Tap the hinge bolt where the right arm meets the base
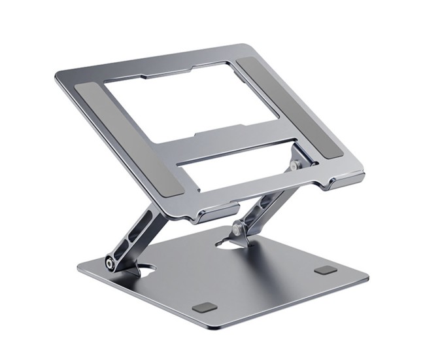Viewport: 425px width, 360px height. click(235, 230)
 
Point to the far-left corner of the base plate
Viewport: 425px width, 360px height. click(79, 266)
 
